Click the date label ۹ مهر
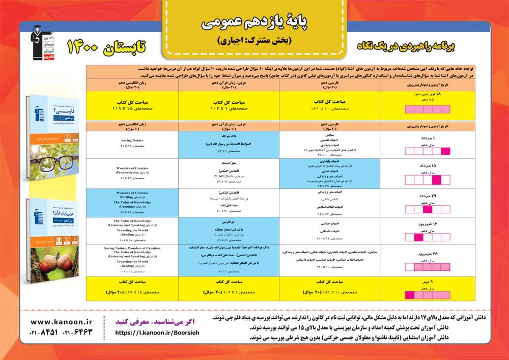(x=427, y=282)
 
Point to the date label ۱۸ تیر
(x=427, y=95)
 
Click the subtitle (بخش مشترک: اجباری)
(x=253, y=40)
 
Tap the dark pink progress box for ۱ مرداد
(x=446, y=151)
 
